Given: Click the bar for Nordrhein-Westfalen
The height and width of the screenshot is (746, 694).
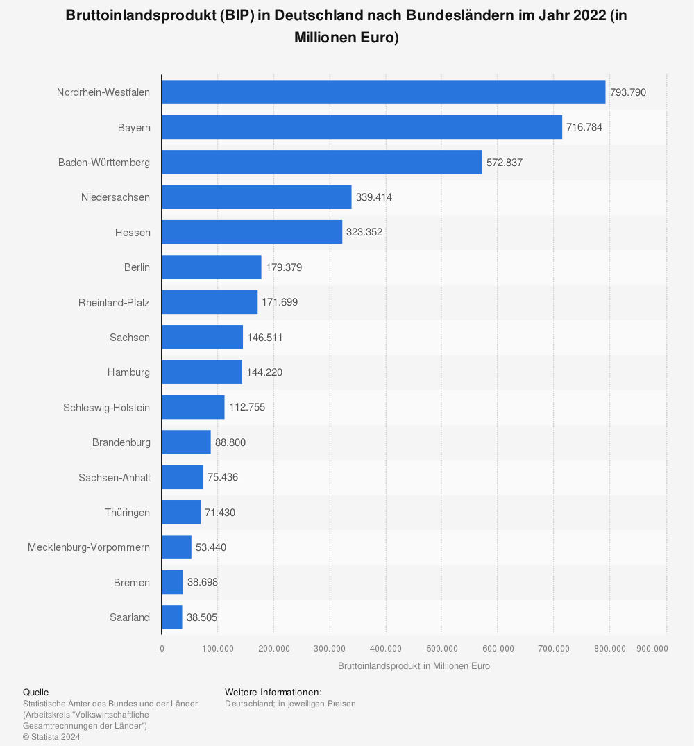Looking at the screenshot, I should [x=383, y=92].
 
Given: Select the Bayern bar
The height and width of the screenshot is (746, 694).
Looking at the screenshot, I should [x=362, y=127].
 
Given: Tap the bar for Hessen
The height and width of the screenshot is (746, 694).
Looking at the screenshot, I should [x=252, y=232].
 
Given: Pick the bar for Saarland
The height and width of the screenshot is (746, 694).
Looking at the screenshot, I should [x=172, y=617].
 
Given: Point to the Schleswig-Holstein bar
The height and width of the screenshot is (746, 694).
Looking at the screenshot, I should [x=193, y=407].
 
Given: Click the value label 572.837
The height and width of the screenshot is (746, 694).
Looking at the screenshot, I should [x=505, y=163].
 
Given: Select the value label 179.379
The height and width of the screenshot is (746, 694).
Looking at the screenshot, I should [x=284, y=267].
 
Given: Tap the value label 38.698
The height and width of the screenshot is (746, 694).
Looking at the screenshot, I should [x=203, y=582].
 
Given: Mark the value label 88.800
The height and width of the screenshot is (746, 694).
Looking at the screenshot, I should [x=230, y=442].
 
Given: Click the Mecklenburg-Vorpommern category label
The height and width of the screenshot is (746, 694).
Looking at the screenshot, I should [x=89, y=547].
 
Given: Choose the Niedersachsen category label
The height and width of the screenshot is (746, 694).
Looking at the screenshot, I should [x=115, y=197].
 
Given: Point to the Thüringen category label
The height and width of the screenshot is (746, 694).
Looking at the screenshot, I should [x=127, y=513].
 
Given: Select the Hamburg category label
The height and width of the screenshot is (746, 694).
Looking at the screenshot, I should [x=128, y=372].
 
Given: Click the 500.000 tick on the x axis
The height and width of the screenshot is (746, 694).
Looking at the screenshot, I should [x=442, y=649].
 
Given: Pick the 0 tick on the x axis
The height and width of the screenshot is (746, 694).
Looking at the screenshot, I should [x=162, y=649].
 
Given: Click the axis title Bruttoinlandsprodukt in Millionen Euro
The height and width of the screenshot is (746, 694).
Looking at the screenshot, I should [x=414, y=666].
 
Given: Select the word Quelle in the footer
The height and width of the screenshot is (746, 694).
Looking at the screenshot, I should [x=36, y=693].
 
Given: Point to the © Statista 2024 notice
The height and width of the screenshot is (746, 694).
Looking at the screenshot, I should [x=51, y=737].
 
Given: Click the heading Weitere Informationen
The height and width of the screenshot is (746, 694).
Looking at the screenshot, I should [x=273, y=693].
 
